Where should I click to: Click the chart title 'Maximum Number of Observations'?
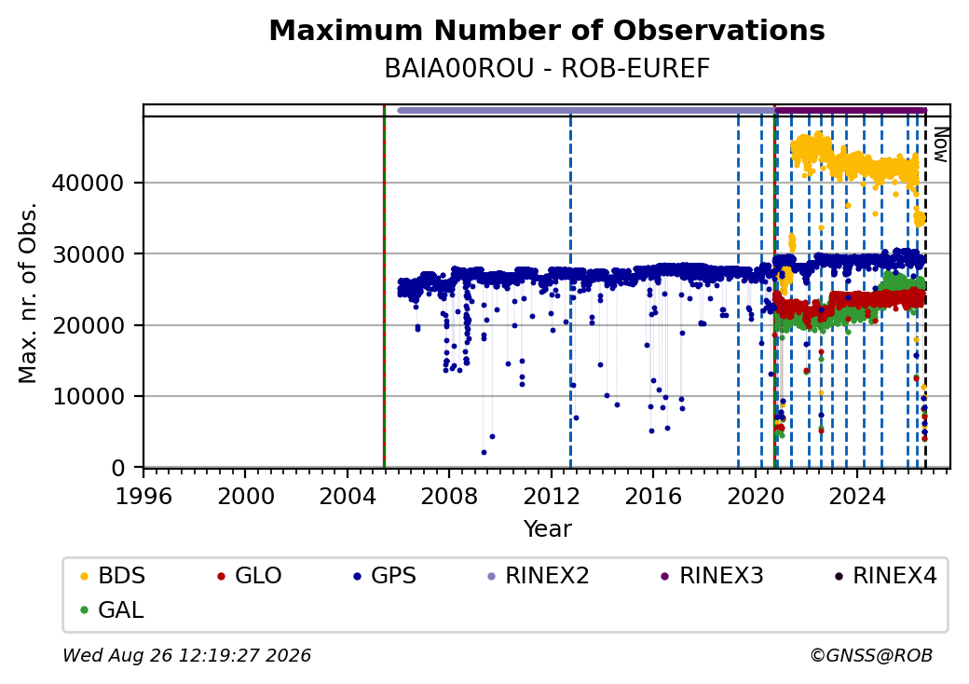point(547,30)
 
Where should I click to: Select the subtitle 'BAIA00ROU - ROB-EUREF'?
point(547,69)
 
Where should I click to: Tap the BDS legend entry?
point(113,576)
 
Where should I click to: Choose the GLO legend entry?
point(250,576)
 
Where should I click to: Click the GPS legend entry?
point(385,576)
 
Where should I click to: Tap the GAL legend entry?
point(113,609)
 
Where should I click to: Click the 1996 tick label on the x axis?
point(143,496)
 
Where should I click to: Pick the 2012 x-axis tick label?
point(552,496)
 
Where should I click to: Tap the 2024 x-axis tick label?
point(857,496)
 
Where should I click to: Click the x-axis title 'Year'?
point(548,529)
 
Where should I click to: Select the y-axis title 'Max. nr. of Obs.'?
point(28,293)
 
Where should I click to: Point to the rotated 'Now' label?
point(940,144)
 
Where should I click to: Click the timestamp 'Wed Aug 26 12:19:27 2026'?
point(186,655)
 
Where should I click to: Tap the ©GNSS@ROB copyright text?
point(871,655)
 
